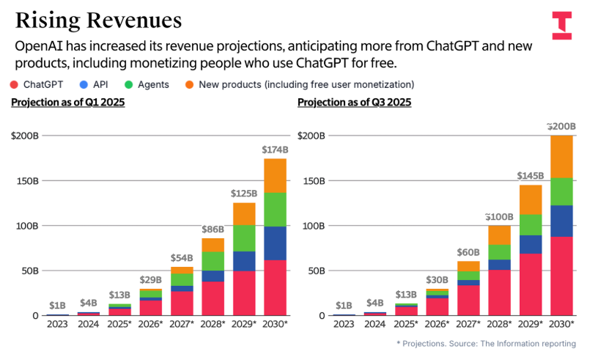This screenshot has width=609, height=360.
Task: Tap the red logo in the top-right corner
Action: [562, 25]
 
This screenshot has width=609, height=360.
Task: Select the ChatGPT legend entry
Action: [38, 84]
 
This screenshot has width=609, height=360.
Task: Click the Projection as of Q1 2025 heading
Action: [68, 103]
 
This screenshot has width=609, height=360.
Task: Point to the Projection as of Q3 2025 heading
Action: [354, 103]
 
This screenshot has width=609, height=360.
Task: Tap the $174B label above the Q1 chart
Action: [275, 150]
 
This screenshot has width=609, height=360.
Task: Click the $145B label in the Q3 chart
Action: [530, 176]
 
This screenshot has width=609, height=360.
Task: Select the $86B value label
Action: [213, 229]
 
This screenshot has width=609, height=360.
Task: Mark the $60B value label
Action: [468, 253]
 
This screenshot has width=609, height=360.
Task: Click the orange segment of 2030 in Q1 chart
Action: [275, 175]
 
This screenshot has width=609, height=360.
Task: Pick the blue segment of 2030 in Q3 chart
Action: [561, 221]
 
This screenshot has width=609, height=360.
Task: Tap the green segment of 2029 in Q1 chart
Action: [244, 238]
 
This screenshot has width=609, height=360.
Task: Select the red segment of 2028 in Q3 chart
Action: [499, 292]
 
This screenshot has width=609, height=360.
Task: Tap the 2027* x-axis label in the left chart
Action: [181, 323]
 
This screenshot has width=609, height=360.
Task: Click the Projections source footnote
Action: [486, 343]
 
